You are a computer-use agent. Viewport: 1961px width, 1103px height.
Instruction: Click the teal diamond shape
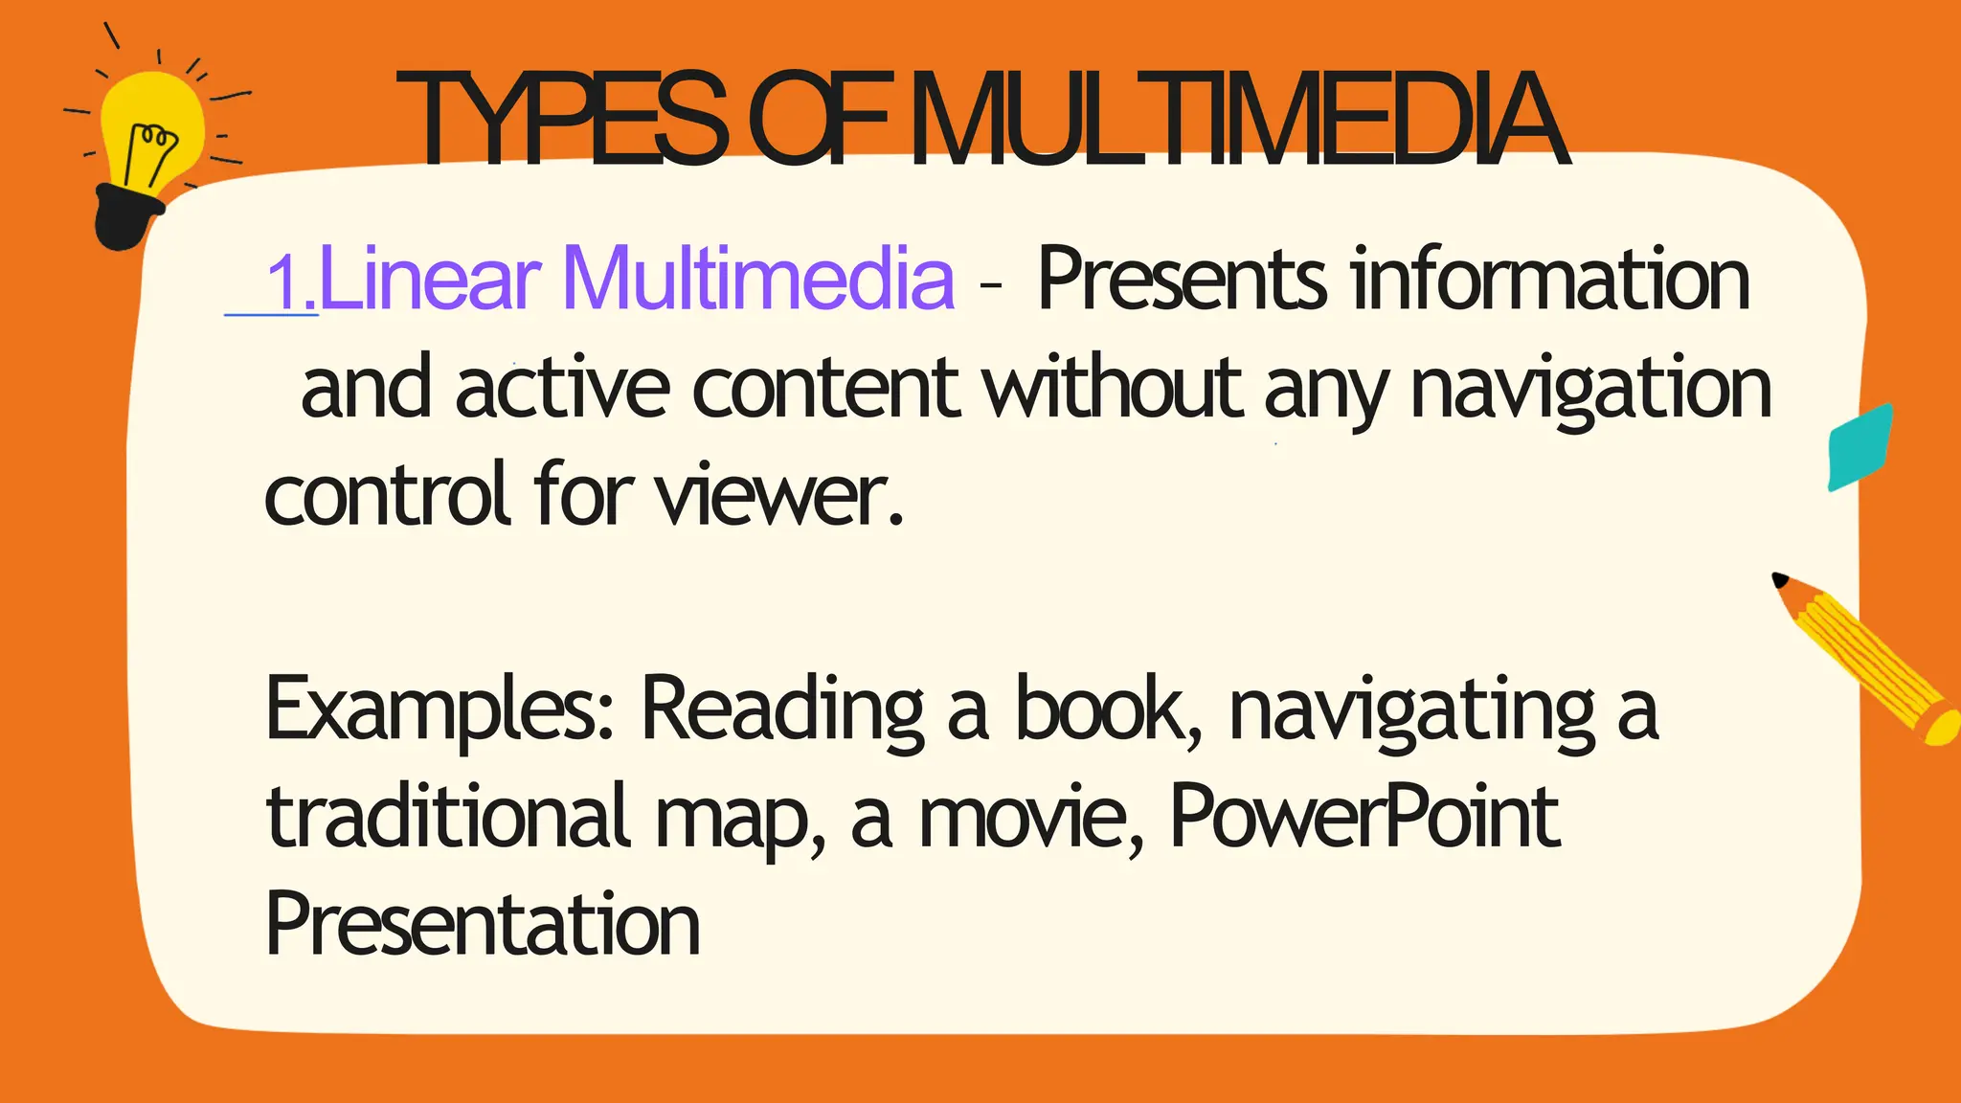click(1860, 447)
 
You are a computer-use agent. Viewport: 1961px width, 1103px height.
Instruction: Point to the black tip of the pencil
click(1780, 580)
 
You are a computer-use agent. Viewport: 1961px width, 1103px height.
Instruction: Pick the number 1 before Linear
click(285, 283)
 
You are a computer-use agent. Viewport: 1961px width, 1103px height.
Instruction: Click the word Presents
click(1183, 279)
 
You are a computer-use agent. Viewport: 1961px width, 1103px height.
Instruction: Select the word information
click(1551, 279)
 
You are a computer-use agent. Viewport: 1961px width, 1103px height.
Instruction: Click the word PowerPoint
click(1365, 816)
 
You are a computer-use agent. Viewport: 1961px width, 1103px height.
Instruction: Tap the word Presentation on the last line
click(483, 923)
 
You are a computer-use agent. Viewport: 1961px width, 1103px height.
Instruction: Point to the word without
click(1112, 387)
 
